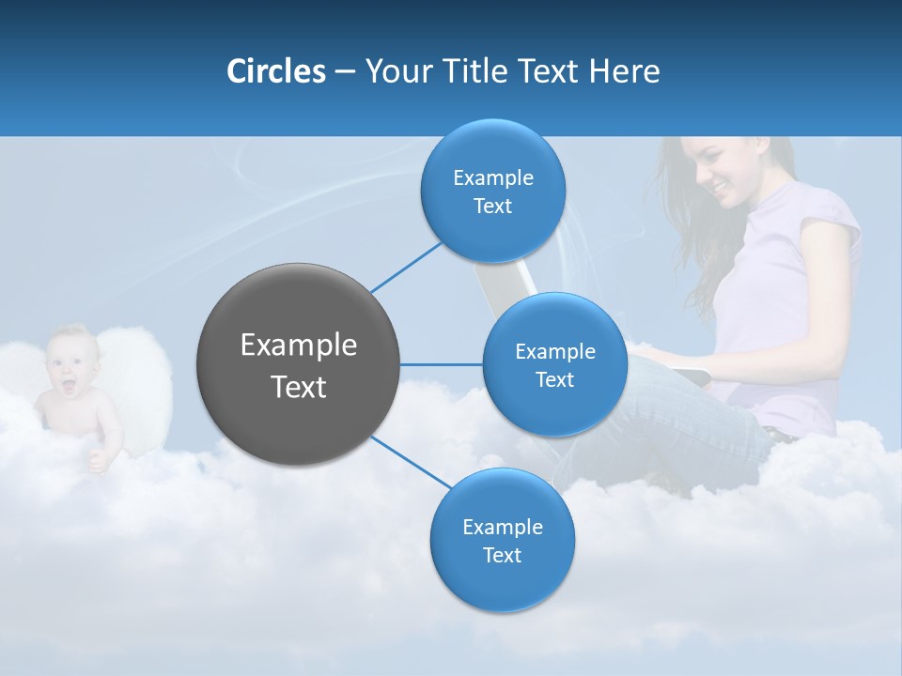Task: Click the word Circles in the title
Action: (x=275, y=71)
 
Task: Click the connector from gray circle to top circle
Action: (x=406, y=266)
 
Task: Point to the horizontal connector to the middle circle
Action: (x=441, y=364)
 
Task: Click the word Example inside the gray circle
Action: (x=298, y=346)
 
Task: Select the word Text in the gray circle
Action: (x=298, y=387)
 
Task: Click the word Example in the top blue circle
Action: (x=492, y=177)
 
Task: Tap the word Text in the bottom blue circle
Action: (x=502, y=555)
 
